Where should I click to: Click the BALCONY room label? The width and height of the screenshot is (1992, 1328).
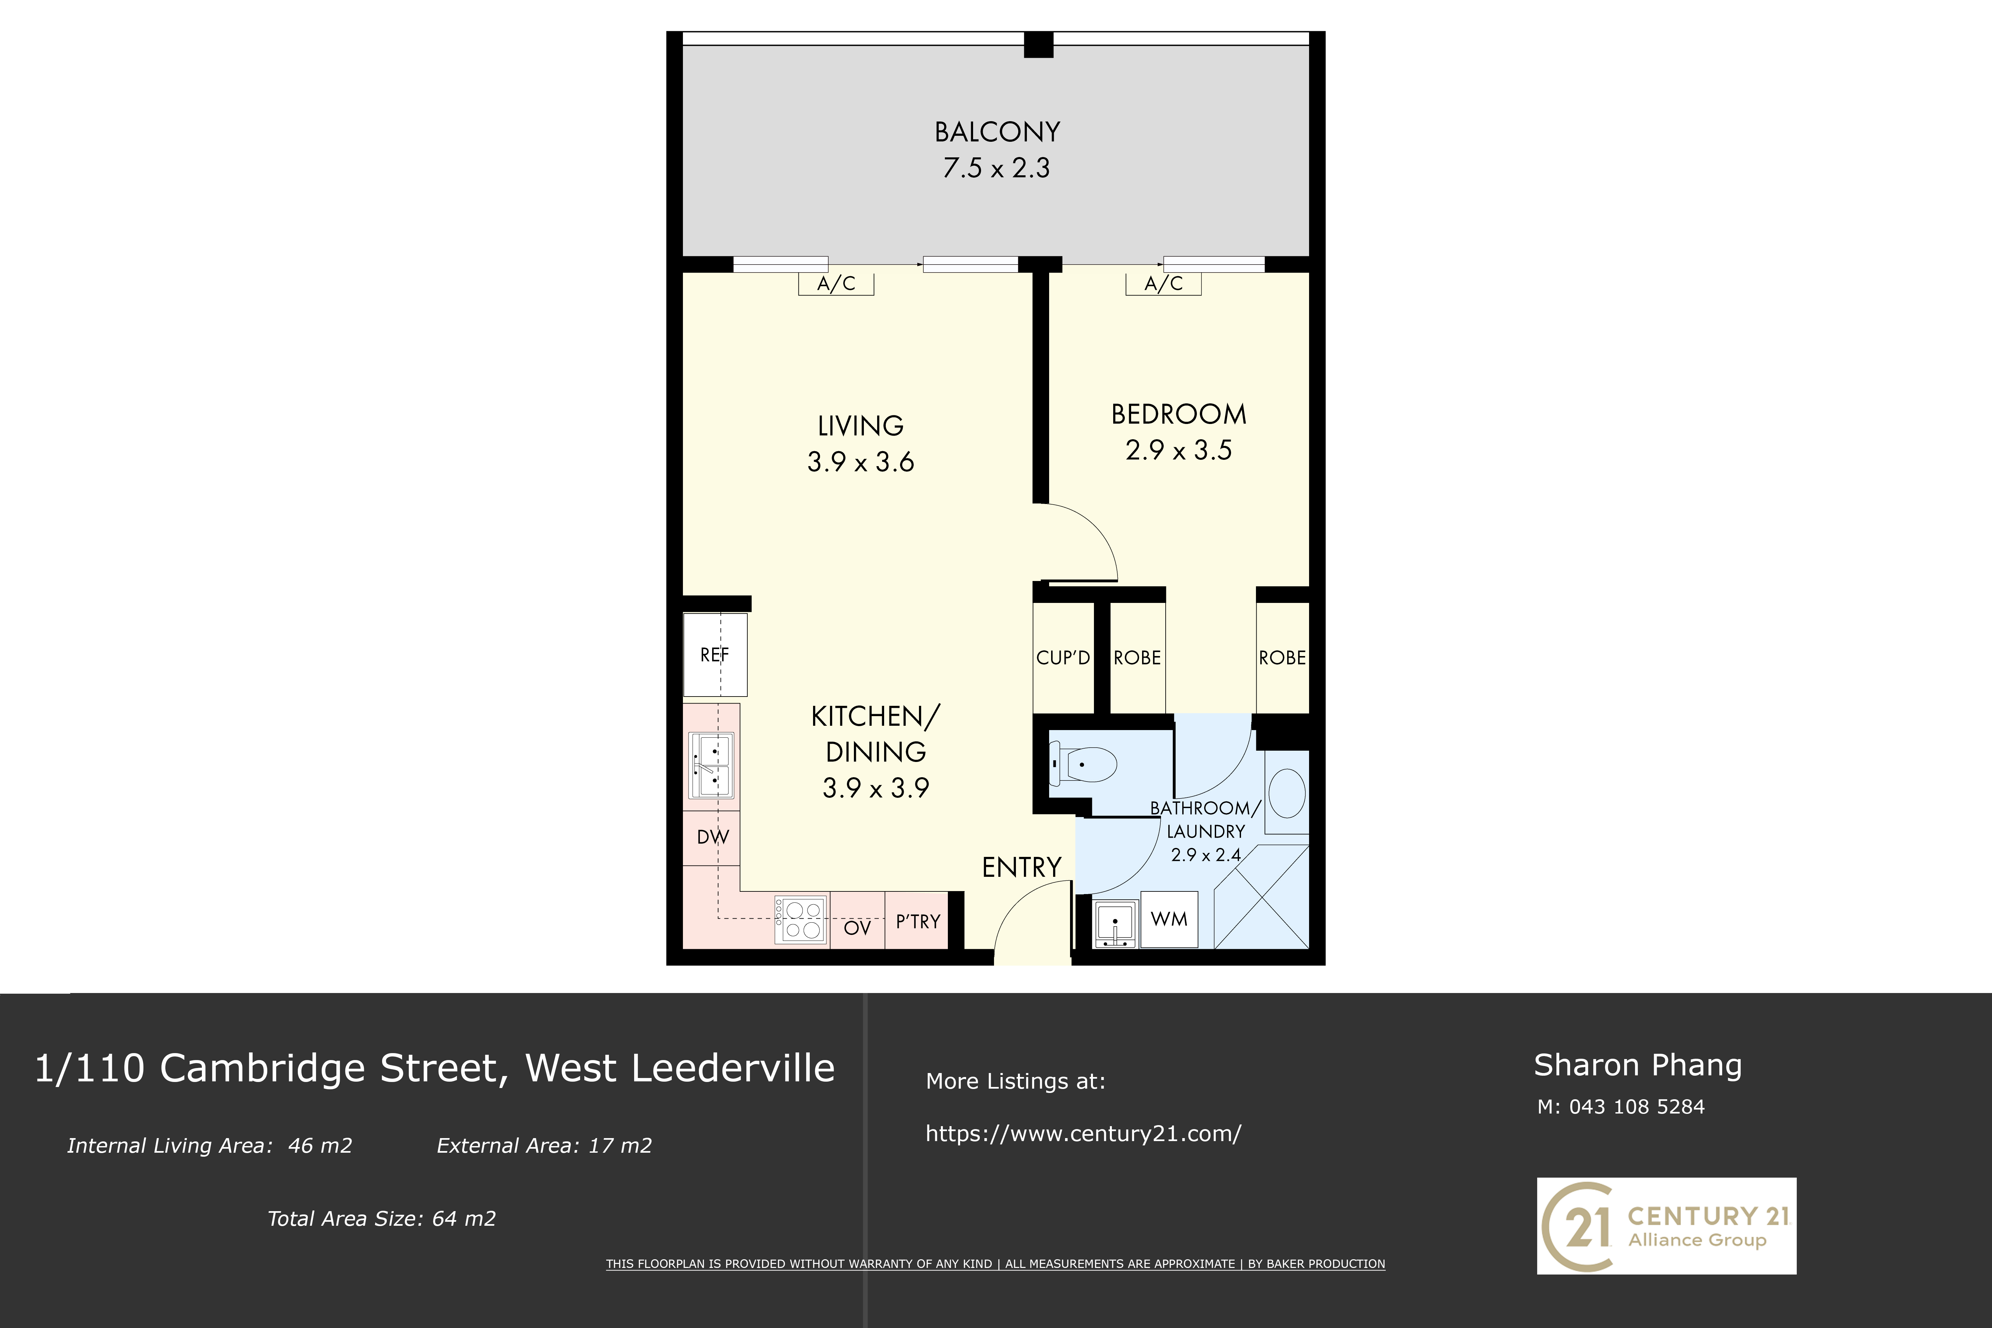pyautogui.click(x=997, y=132)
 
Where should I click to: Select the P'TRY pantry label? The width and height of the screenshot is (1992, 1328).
pyautogui.click(x=918, y=922)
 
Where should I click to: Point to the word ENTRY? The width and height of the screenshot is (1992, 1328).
pyautogui.click(x=1022, y=867)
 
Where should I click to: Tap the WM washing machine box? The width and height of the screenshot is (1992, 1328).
pyautogui.click(x=1169, y=919)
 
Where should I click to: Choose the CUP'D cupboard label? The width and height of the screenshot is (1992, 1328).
pyautogui.click(x=1063, y=658)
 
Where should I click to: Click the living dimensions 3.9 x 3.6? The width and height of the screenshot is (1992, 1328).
pyautogui.click(x=861, y=461)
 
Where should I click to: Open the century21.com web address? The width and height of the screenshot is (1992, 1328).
pyautogui.click(x=1083, y=1133)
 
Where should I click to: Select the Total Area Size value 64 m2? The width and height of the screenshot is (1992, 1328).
pyautogui.click(x=464, y=1219)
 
